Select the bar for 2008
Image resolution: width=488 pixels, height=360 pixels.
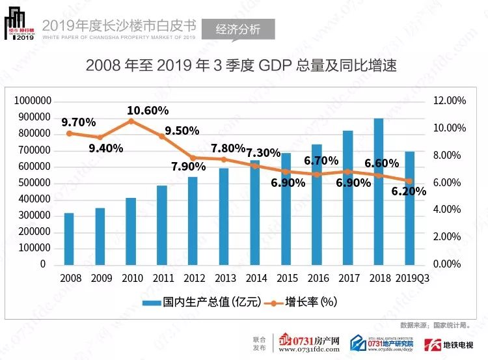click(x=69, y=239)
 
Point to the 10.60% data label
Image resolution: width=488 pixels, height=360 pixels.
click(x=148, y=110)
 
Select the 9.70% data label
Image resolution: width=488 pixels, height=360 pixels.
click(x=79, y=122)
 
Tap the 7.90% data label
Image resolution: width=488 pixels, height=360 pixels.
click(x=189, y=166)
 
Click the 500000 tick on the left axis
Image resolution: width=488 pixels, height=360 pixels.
click(x=35, y=183)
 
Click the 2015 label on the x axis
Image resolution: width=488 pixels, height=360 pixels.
click(x=286, y=278)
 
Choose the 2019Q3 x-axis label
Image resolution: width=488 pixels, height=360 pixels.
click(x=411, y=278)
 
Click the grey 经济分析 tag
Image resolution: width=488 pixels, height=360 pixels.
click(x=237, y=29)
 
